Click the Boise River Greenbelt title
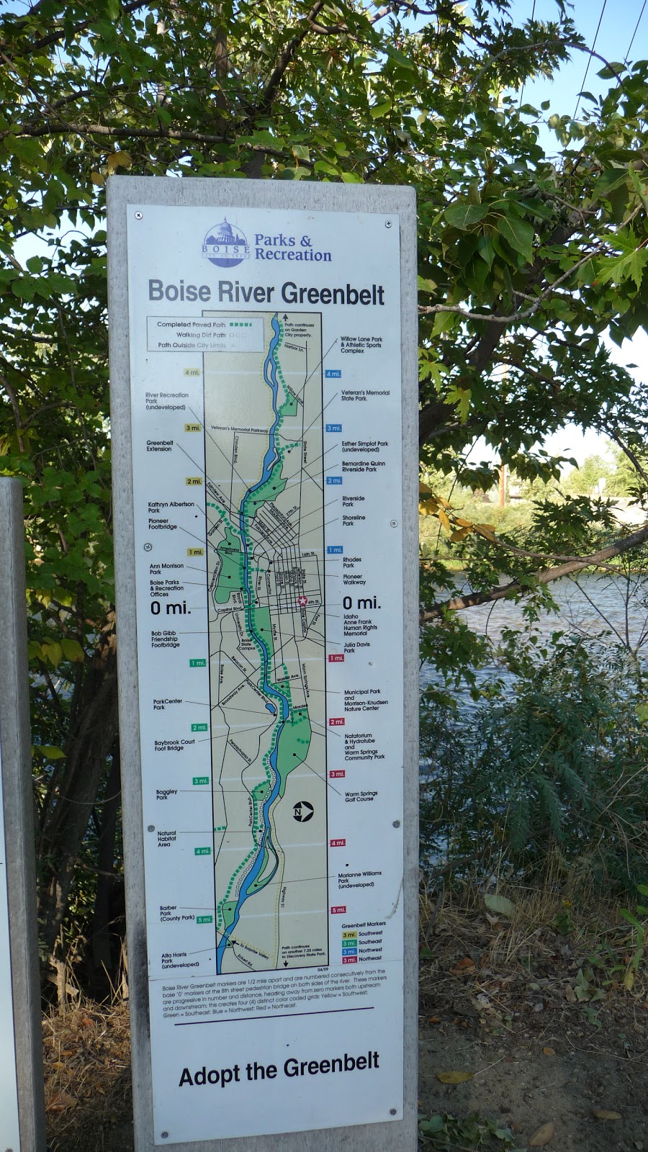pos(266,292)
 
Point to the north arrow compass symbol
pos(302,811)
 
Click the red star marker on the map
pos(302,600)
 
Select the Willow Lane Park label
pos(361,344)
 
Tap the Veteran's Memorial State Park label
pos(365,395)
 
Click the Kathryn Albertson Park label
pos(171,507)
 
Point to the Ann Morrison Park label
pos(166,569)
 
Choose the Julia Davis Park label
pos(356,647)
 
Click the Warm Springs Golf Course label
pos(361,796)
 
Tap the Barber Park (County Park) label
pos(176,913)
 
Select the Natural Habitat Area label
pos(166,839)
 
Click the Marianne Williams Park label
pos(359,879)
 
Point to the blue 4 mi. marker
pos(333,374)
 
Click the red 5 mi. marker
pos(338,910)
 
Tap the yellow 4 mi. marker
pos(192,373)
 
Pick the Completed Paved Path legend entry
pos(192,325)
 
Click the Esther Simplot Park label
pos(364,446)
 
